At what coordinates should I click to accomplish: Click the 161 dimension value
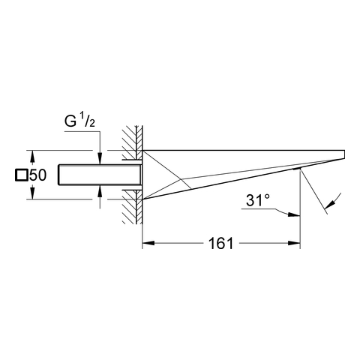220,243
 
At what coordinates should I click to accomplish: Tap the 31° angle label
258,200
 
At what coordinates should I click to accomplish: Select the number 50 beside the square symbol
37,175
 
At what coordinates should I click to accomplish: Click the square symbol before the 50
22,175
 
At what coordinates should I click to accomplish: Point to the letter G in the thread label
70,121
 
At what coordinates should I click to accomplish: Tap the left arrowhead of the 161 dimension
148,243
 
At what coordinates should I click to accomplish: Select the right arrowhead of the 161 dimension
295,243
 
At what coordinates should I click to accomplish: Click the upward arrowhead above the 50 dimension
32,156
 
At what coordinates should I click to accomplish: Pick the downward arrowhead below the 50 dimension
32,193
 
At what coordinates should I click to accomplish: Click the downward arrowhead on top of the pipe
100,159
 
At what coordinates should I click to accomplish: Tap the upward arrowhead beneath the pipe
100,190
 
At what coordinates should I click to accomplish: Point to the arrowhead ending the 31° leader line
294,214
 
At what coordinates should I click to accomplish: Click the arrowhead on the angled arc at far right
329,205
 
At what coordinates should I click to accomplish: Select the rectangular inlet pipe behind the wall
100,175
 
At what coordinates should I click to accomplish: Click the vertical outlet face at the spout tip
345,154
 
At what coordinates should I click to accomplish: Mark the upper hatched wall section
132,142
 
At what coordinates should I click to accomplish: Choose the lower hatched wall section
132,207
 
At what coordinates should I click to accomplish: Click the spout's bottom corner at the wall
142,199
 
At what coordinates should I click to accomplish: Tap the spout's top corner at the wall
142,151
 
